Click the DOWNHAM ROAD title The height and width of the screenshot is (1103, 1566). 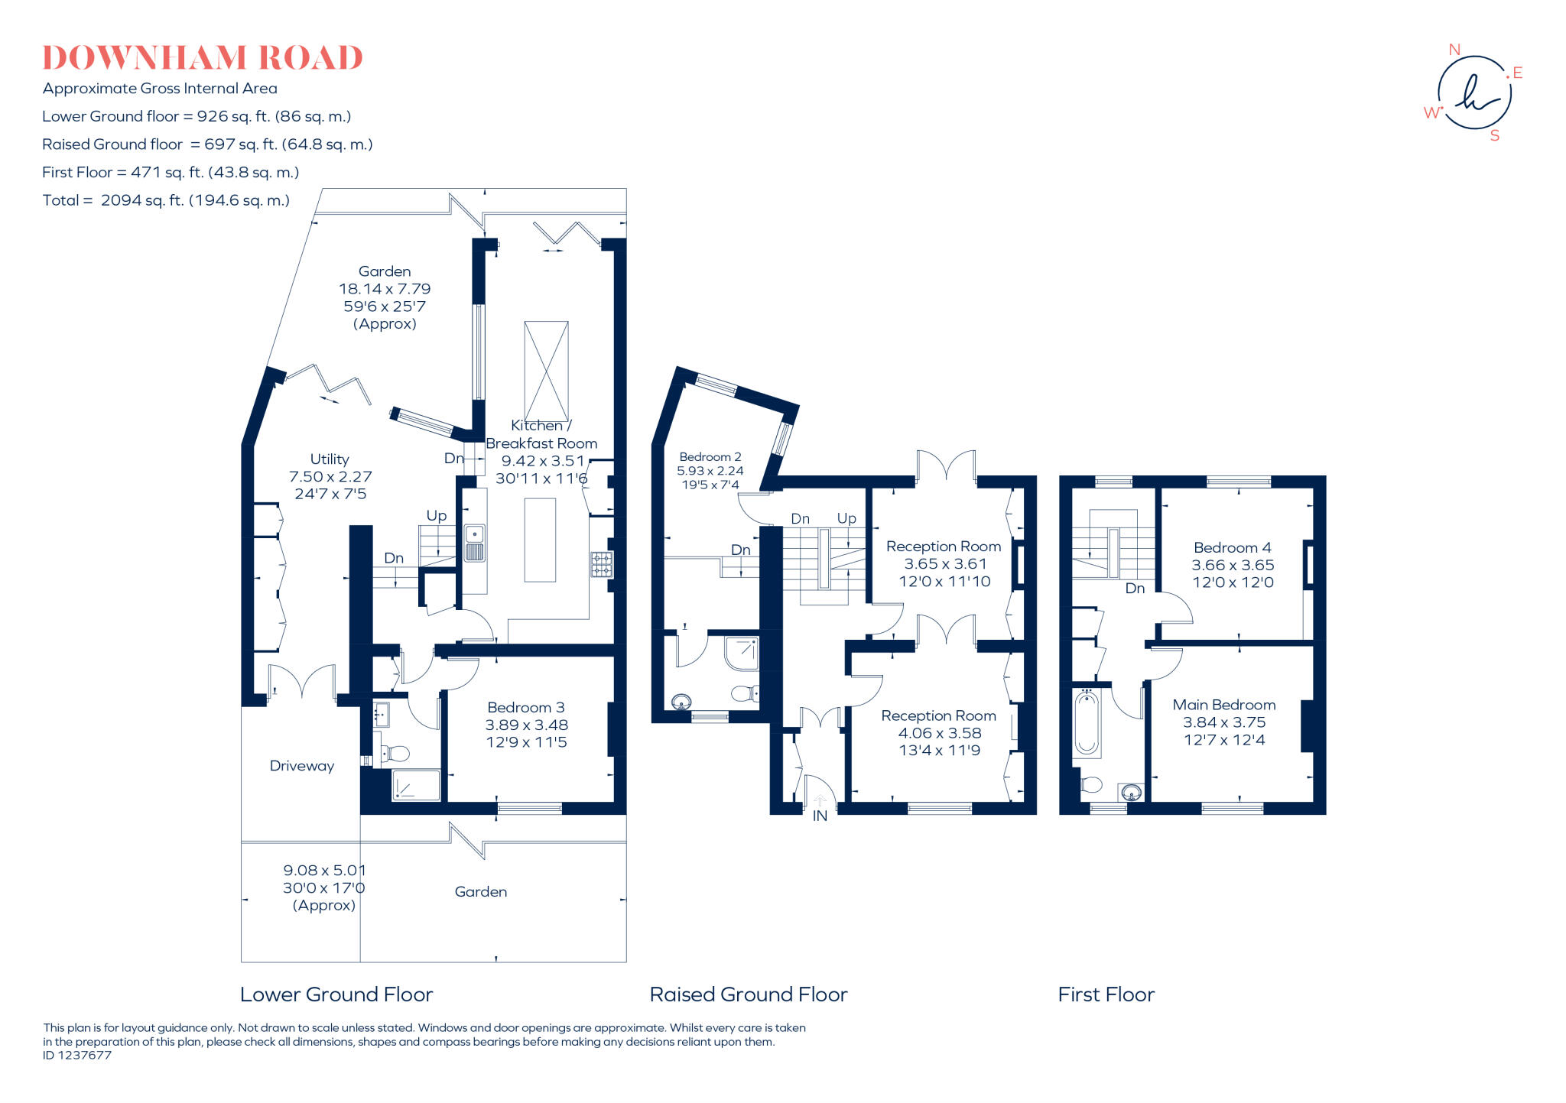[x=203, y=58]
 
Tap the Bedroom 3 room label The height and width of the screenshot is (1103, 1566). [x=526, y=708]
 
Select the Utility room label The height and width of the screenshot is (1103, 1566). [x=330, y=459]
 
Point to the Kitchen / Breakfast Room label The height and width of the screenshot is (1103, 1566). [x=541, y=435]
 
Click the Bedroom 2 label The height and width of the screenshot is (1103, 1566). [x=710, y=457]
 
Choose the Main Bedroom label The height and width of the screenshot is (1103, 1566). [x=1223, y=705]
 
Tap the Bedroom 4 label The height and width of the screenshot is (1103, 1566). [x=1232, y=547]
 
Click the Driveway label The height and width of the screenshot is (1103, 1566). [x=301, y=766]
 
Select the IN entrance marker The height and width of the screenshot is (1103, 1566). [x=820, y=816]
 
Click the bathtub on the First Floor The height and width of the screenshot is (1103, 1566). [x=1087, y=723]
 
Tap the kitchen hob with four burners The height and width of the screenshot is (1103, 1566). [x=601, y=564]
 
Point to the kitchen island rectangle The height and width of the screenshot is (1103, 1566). [x=540, y=540]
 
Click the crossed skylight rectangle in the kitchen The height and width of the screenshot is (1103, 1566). [x=546, y=371]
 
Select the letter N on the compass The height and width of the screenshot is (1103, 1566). [x=1454, y=50]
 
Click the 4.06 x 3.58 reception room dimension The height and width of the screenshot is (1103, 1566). [x=939, y=733]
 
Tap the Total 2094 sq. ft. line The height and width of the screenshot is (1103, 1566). [x=166, y=200]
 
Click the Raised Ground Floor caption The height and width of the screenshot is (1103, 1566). [x=748, y=994]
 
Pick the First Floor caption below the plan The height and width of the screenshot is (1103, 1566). [x=1106, y=994]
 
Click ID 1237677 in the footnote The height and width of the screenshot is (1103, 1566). [x=77, y=1056]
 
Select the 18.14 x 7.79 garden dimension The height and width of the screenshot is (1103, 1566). [x=385, y=289]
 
